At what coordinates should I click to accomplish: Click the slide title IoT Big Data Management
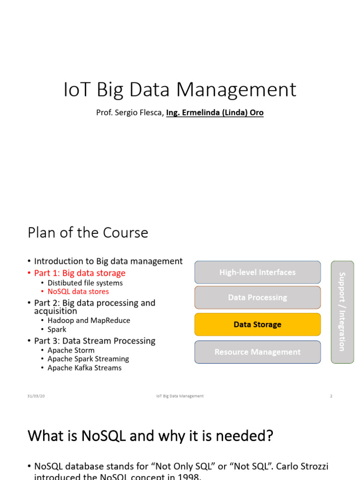point(180,90)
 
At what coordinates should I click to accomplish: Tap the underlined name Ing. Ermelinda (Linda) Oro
point(215,113)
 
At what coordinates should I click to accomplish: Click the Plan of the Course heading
point(88,232)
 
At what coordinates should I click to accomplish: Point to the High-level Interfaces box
point(257,272)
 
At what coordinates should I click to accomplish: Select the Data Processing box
point(257,297)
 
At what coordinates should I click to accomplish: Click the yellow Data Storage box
point(257,324)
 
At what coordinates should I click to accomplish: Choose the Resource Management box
point(257,352)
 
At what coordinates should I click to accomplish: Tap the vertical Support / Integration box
point(342,312)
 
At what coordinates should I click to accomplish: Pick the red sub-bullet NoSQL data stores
point(78,292)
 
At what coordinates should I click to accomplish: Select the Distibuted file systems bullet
point(85,283)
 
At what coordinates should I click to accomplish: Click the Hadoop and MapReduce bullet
point(89,320)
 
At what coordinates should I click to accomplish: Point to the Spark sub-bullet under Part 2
point(57,329)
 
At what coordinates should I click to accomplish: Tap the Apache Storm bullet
point(71,350)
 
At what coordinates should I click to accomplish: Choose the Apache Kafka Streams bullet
point(84,368)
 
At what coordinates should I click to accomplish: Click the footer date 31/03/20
point(36,396)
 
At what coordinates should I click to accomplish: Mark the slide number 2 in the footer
point(331,396)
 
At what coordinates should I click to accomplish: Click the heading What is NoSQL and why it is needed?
point(150,436)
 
